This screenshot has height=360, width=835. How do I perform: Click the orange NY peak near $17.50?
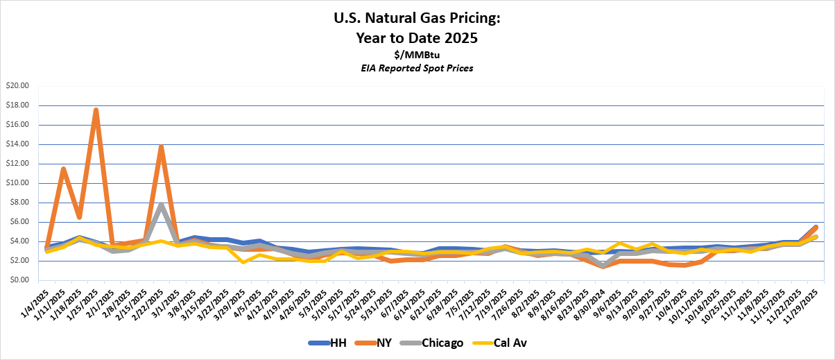point(96,110)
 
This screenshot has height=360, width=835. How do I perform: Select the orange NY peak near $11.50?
point(63,169)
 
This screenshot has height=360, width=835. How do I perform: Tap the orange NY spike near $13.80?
point(161,146)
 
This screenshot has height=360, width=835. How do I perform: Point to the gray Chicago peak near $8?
point(161,204)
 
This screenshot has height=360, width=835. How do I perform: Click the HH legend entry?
point(329,343)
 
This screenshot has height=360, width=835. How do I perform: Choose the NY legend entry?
point(375,343)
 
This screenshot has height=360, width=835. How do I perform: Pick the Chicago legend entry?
point(430,343)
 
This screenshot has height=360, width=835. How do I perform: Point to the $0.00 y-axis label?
point(18,280)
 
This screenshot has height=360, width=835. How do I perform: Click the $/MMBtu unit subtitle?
point(417,55)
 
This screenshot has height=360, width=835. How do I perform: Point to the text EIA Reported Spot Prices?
point(417,69)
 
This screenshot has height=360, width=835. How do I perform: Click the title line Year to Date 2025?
point(417,38)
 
